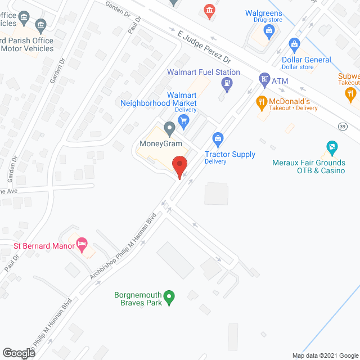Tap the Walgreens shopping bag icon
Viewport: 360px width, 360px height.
(269, 30)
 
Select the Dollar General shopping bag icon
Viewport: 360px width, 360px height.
(293, 44)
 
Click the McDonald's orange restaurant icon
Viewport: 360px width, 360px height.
(261, 102)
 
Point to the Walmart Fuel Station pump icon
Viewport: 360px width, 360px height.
(227, 85)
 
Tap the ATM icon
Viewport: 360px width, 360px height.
(263, 78)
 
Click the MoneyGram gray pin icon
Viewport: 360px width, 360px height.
(169, 129)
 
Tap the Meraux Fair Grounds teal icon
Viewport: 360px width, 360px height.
(331, 148)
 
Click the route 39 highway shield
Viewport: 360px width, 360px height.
(342, 128)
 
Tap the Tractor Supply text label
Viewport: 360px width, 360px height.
(229, 154)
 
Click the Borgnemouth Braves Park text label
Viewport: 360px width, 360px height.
(138, 299)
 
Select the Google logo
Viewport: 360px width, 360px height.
(18, 353)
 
